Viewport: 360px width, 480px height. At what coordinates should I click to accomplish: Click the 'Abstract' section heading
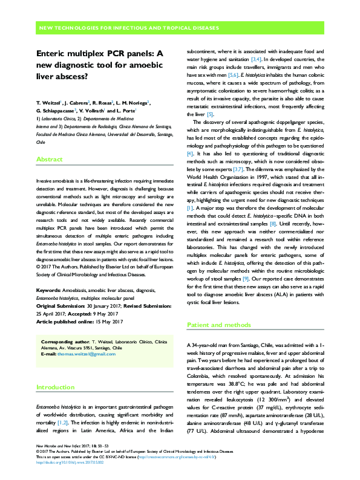point(50,160)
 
